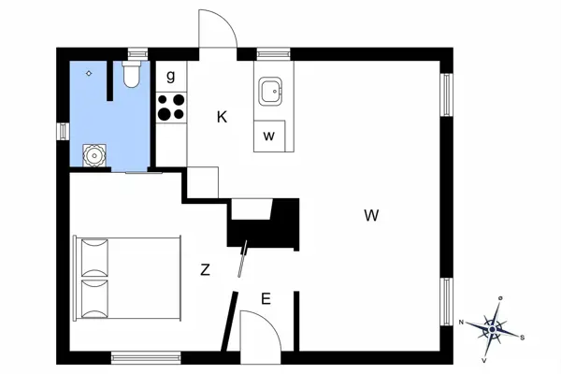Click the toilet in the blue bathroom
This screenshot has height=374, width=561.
click(x=131, y=74)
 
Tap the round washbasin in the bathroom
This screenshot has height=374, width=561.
click(x=94, y=156)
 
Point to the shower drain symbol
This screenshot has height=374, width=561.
click(x=89, y=73)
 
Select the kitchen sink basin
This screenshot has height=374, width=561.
click(x=270, y=92)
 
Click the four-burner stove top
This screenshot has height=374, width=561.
click(x=171, y=107)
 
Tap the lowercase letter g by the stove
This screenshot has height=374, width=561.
click(x=171, y=76)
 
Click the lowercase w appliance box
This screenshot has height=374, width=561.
click(x=269, y=136)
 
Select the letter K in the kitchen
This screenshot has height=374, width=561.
click(x=222, y=117)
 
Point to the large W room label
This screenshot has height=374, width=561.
click(x=371, y=215)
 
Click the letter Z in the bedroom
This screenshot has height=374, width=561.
click(x=205, y=270)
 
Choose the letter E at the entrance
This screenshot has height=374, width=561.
click(x=266, y=298)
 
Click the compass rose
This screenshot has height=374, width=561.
click(x=493, y=329)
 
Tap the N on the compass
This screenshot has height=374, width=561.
click(x=462, y=322)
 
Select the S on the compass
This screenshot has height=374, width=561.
click(x=523, y=338)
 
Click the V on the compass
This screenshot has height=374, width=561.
click(x=484, y=360)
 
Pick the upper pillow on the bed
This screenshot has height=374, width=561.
click(x=94, y=258)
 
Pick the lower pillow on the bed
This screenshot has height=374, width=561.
click(x=94, y=299)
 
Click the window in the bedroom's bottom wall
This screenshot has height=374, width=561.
click(x=146, y=357)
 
